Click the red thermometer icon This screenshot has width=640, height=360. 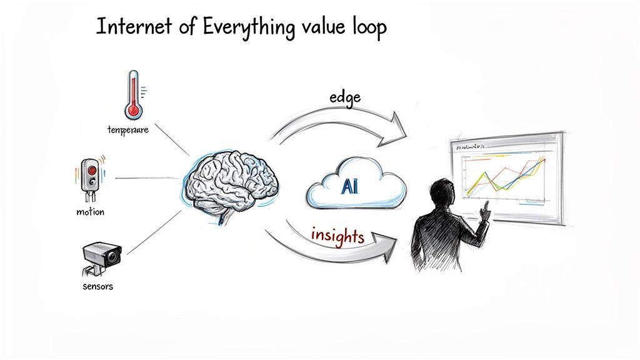click(132, 94)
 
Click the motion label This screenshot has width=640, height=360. click(90, 212)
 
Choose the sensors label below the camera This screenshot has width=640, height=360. click(97, 287)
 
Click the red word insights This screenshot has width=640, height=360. click(337, 236)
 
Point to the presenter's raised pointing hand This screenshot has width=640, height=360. click(484, 209)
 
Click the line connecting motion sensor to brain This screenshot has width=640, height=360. click(147, 178)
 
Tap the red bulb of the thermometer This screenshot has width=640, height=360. click(132, 111)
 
